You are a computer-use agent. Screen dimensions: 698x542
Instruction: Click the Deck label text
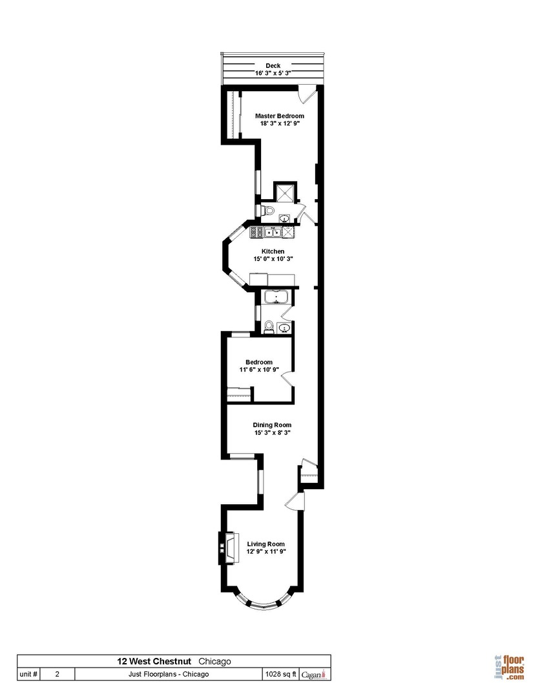click(x=273, y=66)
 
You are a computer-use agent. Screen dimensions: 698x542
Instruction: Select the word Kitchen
click(x=273, y=251)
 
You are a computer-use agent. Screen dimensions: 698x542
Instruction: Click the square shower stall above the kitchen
click(x=284, y=193)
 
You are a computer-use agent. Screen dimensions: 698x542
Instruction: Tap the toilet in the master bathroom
click(x=268, y=211)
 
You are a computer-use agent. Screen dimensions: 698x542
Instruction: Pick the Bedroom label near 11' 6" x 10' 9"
click(x=258, y=362)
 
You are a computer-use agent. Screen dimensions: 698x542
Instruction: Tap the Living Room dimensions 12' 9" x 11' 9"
click(x=266, y=551)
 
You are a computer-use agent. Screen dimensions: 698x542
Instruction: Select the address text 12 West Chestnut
click(x=153, y=661)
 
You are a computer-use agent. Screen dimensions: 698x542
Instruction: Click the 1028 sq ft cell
click(x=280, y=674)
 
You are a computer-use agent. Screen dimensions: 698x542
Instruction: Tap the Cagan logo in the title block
click(x=315, y=674)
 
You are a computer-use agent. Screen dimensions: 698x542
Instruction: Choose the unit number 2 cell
click(x=57, y=674)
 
